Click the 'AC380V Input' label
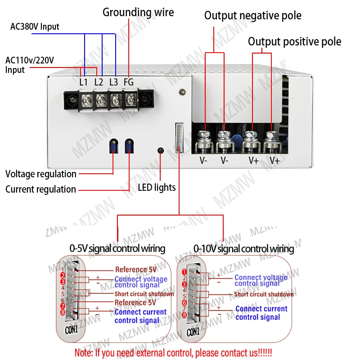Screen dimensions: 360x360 35,27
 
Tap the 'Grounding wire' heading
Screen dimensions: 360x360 138,12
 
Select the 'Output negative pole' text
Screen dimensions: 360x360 252,16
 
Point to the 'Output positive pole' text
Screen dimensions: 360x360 294,42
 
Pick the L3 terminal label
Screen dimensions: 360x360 113,82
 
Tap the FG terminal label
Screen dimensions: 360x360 129,82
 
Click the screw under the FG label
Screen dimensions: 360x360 130,99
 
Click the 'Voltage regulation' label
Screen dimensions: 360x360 41,174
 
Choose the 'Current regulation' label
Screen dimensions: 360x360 40,189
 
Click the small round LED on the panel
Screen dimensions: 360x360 159,150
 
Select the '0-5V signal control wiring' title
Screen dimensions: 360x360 117,248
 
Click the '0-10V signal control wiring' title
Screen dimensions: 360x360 243,248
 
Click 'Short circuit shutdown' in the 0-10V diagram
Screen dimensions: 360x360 263,294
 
